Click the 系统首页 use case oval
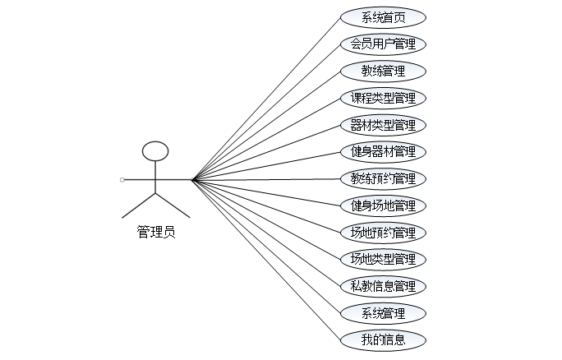[383, 17]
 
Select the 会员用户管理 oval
[383, 44]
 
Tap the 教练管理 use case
[383, 71]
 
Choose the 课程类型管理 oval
[383, 98]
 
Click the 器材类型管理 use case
[383, 125]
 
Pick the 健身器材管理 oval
[383, 151]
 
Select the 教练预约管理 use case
[383, 178]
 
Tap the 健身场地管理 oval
[383, 205]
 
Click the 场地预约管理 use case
[383, 233]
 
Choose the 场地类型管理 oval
[383, 260]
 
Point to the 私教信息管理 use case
[383, 286]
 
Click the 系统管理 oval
[383, 313]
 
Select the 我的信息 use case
[383, 339]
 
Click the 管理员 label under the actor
[155, 233]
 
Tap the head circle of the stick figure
[155, 151]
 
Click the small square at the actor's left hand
[122, 179]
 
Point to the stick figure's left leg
[139, 205]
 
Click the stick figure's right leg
[172, 205]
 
